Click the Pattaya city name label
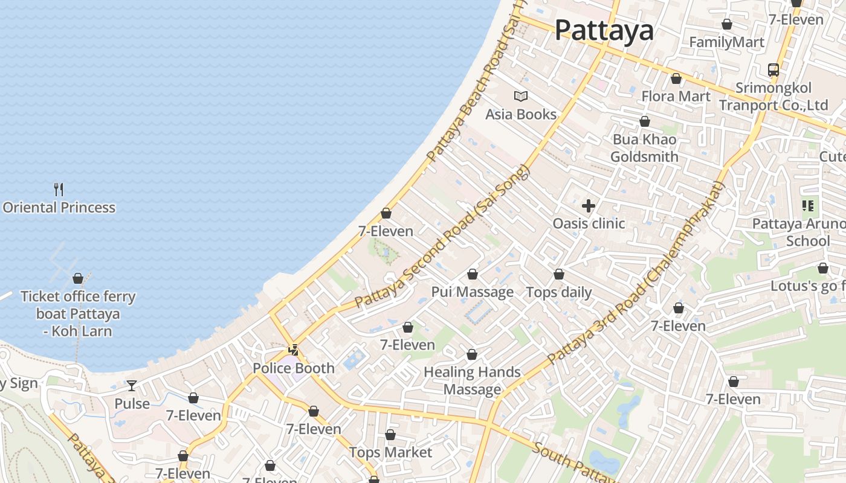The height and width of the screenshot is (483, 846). (604, 30)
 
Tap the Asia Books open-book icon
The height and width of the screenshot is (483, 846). (520, 96)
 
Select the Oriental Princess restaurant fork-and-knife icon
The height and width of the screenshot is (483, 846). (59, 190)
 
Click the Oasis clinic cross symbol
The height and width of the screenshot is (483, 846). (588, 206)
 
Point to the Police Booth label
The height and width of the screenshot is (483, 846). (293, 368)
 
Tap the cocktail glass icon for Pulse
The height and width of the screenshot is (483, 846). (132, 385)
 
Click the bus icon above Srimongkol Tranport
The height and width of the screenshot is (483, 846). (773, 69)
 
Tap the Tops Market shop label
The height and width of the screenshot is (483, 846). (390, 452)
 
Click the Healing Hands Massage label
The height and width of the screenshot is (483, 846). (472, 380)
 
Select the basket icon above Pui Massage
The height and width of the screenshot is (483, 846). (472, 274)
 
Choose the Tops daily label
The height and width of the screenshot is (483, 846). (559, 292)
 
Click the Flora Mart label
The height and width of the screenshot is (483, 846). (676, 96)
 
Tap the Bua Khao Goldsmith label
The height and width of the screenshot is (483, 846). (644, 148)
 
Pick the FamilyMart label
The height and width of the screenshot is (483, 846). (726, 42)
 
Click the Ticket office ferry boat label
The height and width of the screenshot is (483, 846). (78, 313)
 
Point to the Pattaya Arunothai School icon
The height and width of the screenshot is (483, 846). (807, 206)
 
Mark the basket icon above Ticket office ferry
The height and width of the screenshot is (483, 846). (78, 278)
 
